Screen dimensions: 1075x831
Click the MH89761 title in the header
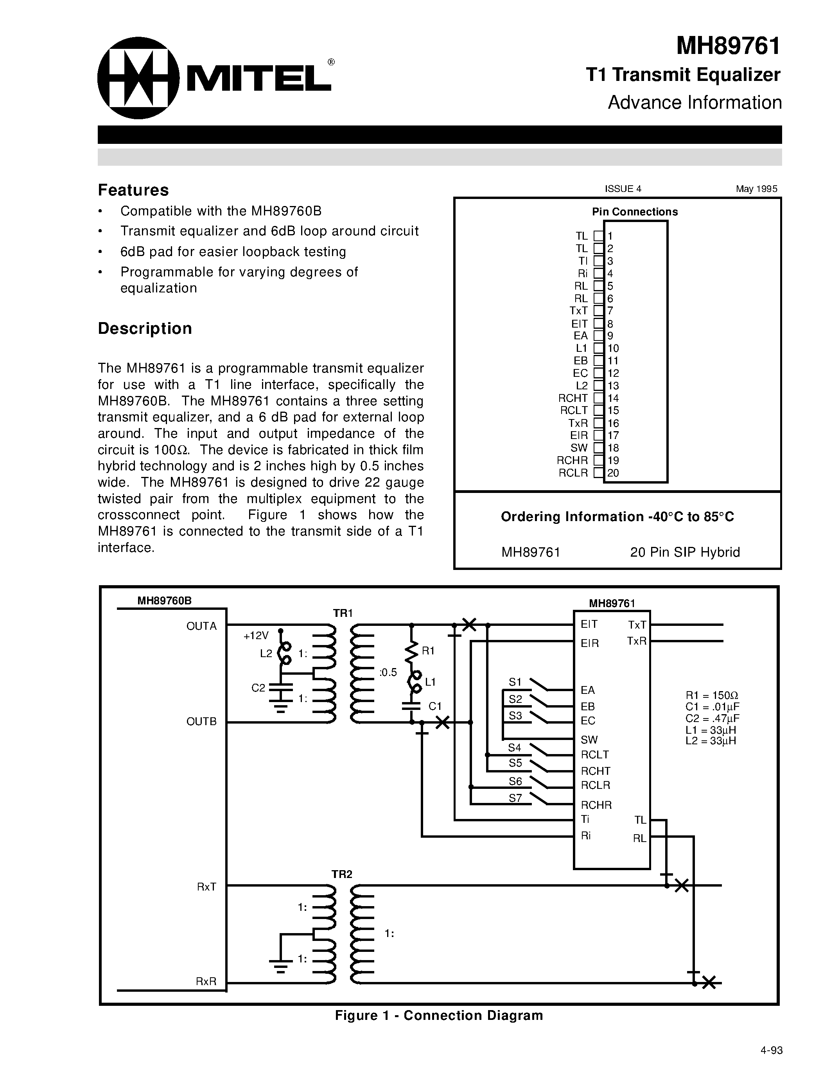click(728, 46)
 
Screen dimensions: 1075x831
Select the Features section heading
click(133, 190)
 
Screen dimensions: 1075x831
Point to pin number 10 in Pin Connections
click(613, 348)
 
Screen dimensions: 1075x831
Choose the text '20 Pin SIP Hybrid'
click(685, 552)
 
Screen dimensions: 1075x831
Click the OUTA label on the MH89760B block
click(201, 626)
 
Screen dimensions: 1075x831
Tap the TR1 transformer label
click(343, 613)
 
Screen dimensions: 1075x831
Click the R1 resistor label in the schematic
click(428, 651)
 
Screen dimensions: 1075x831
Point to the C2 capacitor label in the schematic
click(258, 688)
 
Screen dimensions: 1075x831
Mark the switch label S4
click(515, 748)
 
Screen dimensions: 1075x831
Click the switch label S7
click(515, 798)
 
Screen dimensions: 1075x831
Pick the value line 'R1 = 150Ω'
click(712, 696)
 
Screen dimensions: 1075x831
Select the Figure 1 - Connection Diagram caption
click(439, 1016)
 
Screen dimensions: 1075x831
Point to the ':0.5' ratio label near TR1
click(388, 672)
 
